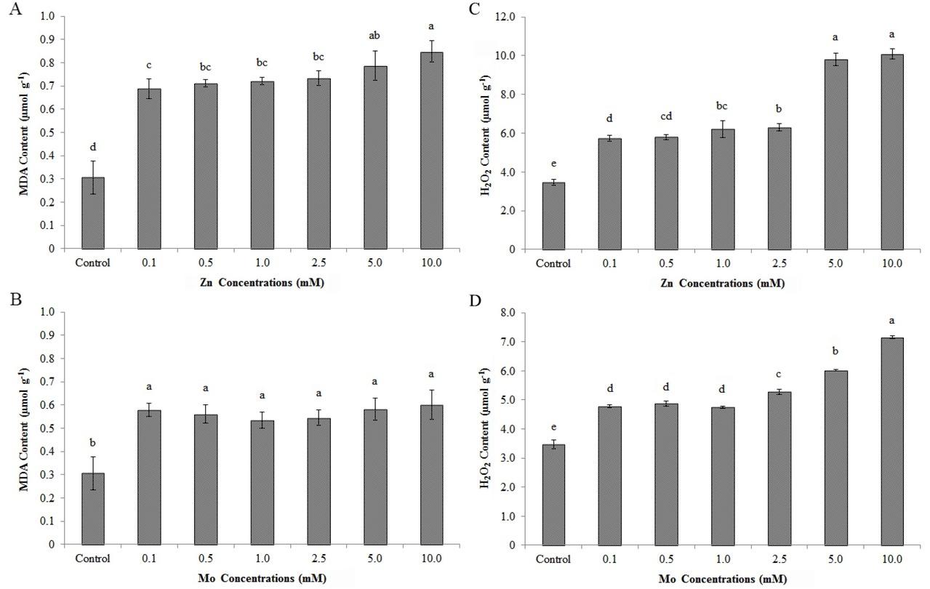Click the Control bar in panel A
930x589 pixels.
pos(92,213)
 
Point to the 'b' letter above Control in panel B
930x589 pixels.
pos(92,441)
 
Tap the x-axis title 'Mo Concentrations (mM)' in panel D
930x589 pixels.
pos(721,579)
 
